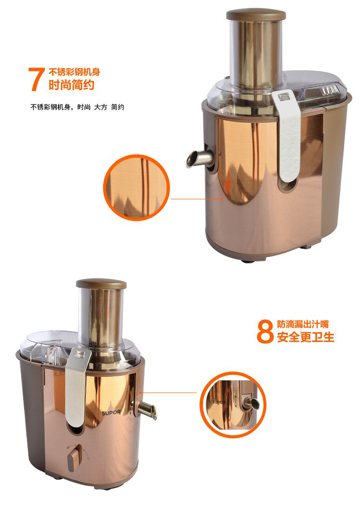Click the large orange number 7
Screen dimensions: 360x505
pyautogui.click(x=36, y=79)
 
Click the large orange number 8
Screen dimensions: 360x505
pyautogui.click(x=265, y=331)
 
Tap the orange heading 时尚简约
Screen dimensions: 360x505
pyautogui.click(x=72, y=85)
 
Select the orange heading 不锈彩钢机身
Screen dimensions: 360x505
pyautogui.click(x=74, y=72)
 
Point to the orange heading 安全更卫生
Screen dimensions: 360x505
pyautogui.click(x=306, y=337)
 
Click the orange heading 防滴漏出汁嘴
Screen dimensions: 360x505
pyautogui.click(x=303, y=324)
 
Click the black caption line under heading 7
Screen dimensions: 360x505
pyautogui.click(x=77, y=107)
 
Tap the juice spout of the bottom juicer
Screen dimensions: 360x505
pyautogui.click(x=144, y=409)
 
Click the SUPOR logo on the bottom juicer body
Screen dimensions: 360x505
pyautogui.click(x=111, y=412)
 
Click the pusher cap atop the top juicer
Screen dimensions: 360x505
pyautogui.click(x=256, y=14)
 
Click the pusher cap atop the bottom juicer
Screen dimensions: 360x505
pyautogui.click(x=101, y=284)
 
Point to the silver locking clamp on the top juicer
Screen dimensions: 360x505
pyautogui.click(x=287, y=135)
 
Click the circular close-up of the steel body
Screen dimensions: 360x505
pyautogui.click(x=136, y=188)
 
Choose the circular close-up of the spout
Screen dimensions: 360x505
pyautogui.click(x=233, y=404)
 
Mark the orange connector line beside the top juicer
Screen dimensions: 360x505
pyautogui.click(x=197, y=199)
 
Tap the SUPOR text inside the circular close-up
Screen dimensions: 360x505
pyautogui.click(x=219, y=402)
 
